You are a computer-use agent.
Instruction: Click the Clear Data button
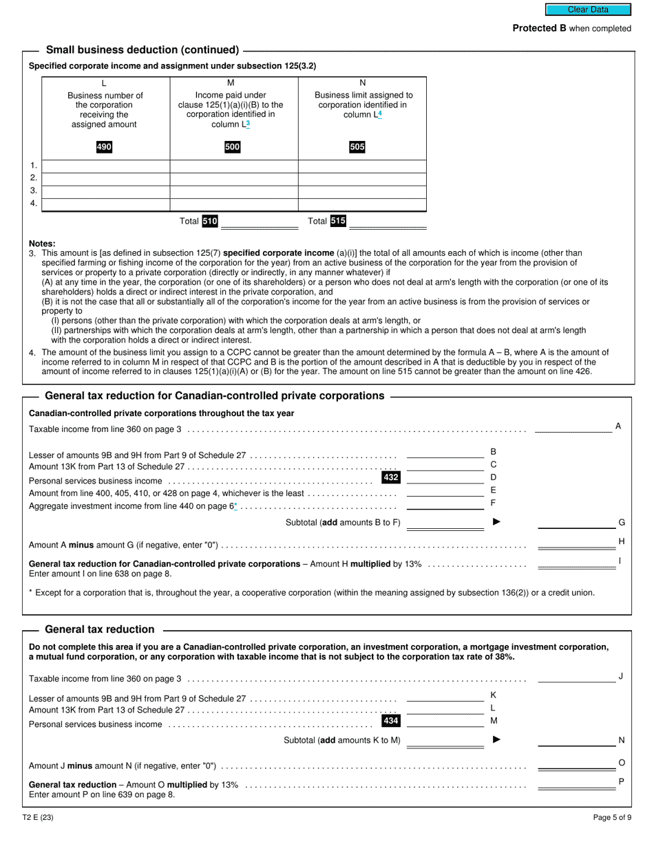coord(588,10)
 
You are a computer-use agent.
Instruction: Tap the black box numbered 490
coord(104,147)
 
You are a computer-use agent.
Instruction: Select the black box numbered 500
coord(233,147)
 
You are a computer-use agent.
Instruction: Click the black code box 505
coord(357,147)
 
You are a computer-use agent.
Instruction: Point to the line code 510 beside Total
coord(210,221)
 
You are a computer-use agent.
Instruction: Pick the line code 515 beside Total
coord(338,221)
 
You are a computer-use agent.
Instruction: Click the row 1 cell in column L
coord(106,166)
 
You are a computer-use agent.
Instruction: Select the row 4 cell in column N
coord(362,204)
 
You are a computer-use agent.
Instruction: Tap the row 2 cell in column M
coord(233,179)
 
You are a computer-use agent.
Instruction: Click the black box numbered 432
coord(390,477)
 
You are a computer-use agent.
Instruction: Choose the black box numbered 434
coord(390,721)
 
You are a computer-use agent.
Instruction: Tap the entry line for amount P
coord(576,784)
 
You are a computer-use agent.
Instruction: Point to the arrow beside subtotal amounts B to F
coord(497,522)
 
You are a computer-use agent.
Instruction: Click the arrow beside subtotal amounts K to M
coord(497,740)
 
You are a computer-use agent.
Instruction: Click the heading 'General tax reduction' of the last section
coord(100,629)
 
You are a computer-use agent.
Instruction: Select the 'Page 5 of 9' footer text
coord(612,818)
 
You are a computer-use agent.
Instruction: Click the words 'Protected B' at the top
coord(535,28)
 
